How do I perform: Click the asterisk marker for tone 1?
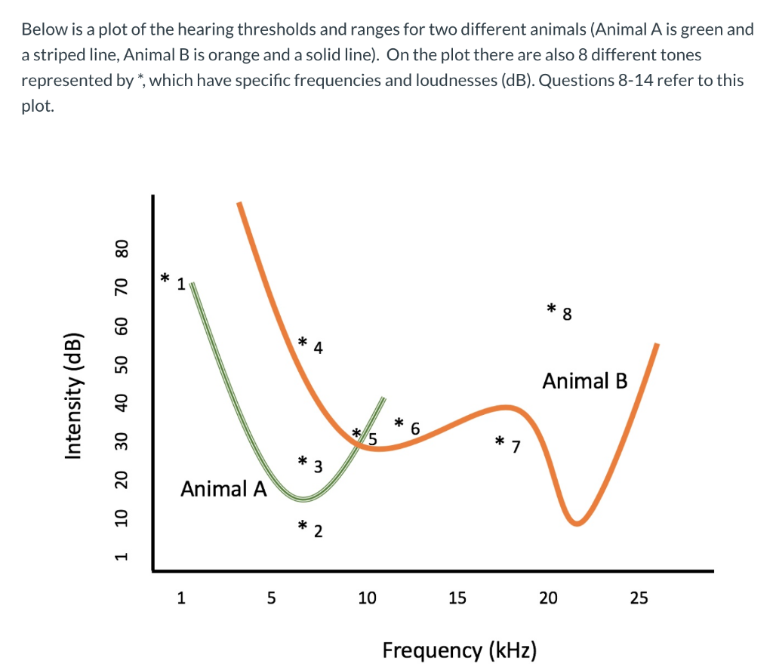(x=165, y=278)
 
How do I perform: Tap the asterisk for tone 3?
(x=302, y=460)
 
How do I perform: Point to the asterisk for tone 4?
(x=302, y=342)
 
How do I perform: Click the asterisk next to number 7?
(x=499, y=441)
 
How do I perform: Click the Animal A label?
(x=223, y=489)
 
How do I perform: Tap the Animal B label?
(x=584, y=380)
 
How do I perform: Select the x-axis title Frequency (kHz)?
(x=460, y=650)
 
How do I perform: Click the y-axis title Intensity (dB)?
(x=73, y=395)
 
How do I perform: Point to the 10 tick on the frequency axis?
(x=367, y=598)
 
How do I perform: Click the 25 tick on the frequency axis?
(x=639, y=598)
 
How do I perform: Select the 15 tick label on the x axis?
(x=457, y=598)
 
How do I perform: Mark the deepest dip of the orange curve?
(x=577, y=522)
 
